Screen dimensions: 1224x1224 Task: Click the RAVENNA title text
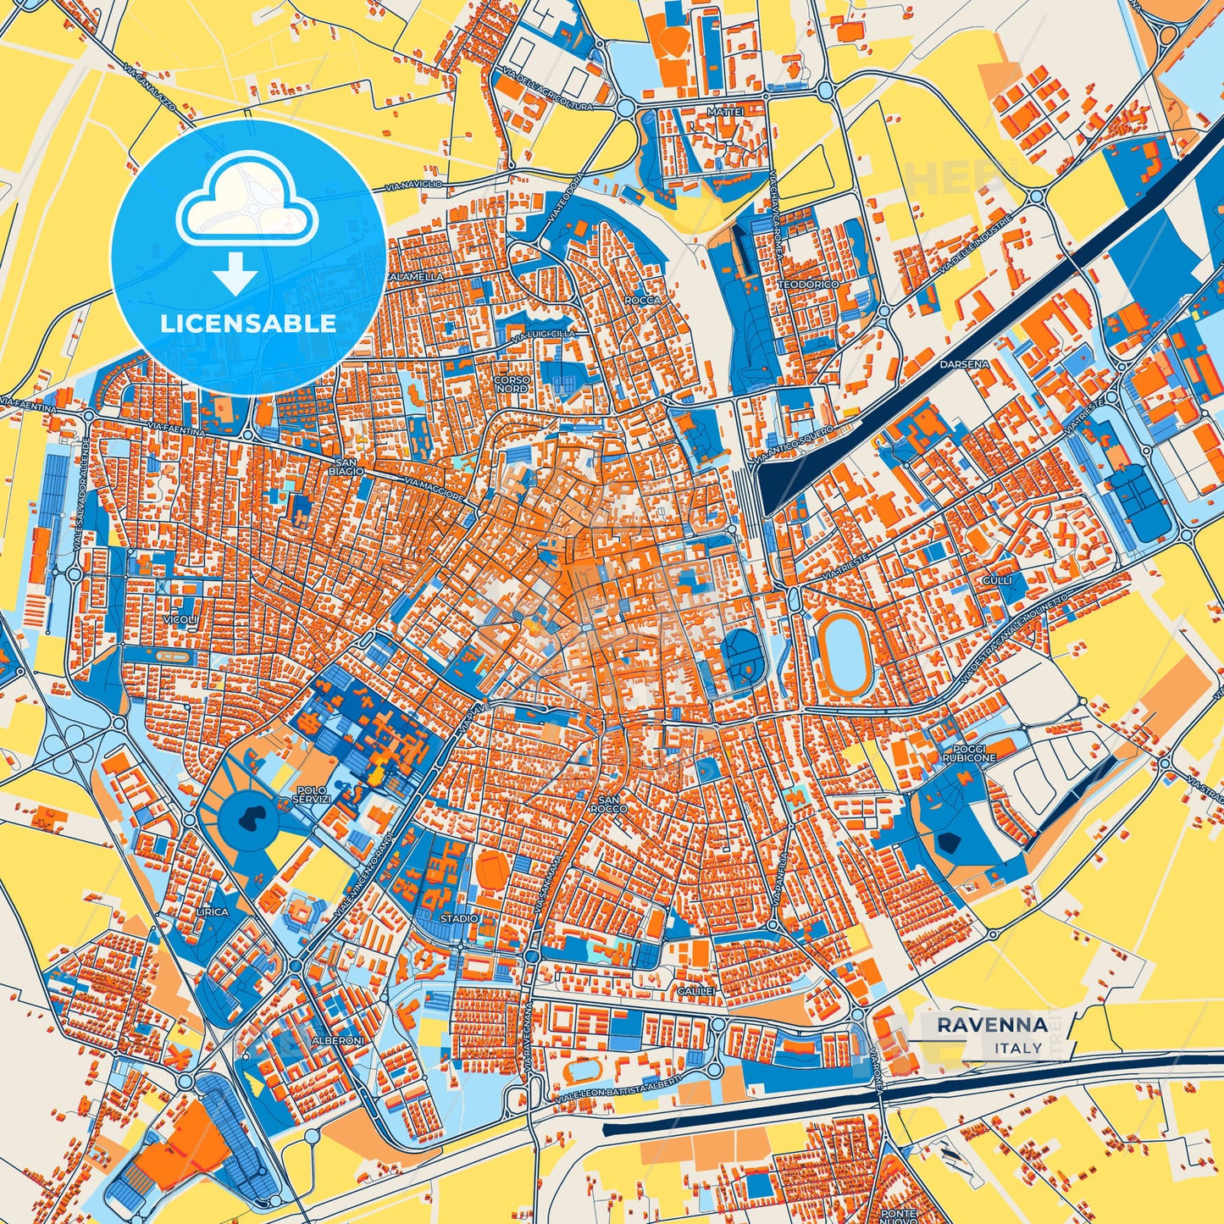[x=992, y=1025]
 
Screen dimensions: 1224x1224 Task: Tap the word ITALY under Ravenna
[x=1019, y=1048]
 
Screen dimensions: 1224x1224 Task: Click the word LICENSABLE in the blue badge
[x=248, y=323]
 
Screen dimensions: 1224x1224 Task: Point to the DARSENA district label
[x=964, y=364]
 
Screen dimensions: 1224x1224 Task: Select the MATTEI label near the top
[x=724, y=112]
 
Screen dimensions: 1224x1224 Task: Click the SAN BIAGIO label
[x=347, y=465]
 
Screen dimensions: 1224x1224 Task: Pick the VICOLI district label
[x=182, y=620]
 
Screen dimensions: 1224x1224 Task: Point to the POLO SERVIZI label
[x=308, y=794]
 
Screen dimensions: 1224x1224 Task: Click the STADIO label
[x=459, y=918]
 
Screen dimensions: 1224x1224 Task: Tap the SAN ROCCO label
[x=612, y=804]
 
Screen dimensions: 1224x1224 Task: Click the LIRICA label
[x=212, y=911]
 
